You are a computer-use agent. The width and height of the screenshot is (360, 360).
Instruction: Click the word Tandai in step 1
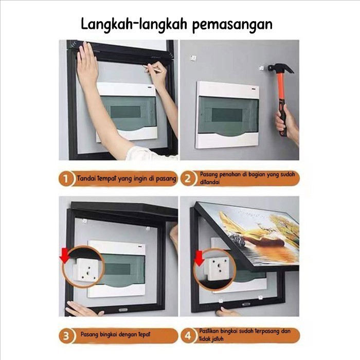click(88, 179)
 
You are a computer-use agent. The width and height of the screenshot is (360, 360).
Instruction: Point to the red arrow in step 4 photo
click(198, 256)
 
